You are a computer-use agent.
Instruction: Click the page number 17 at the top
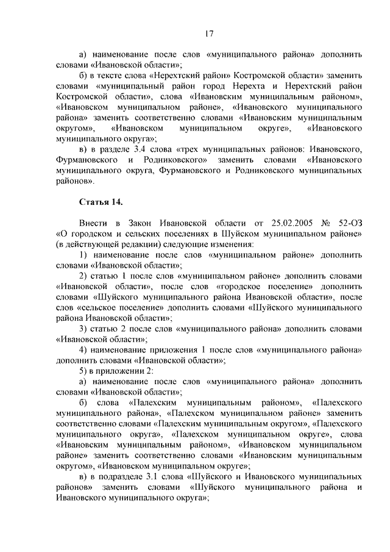click(x=209, y=33)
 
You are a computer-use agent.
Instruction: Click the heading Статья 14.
click(x=101, y=202)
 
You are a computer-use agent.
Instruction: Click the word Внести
click(x=93, y=224)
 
